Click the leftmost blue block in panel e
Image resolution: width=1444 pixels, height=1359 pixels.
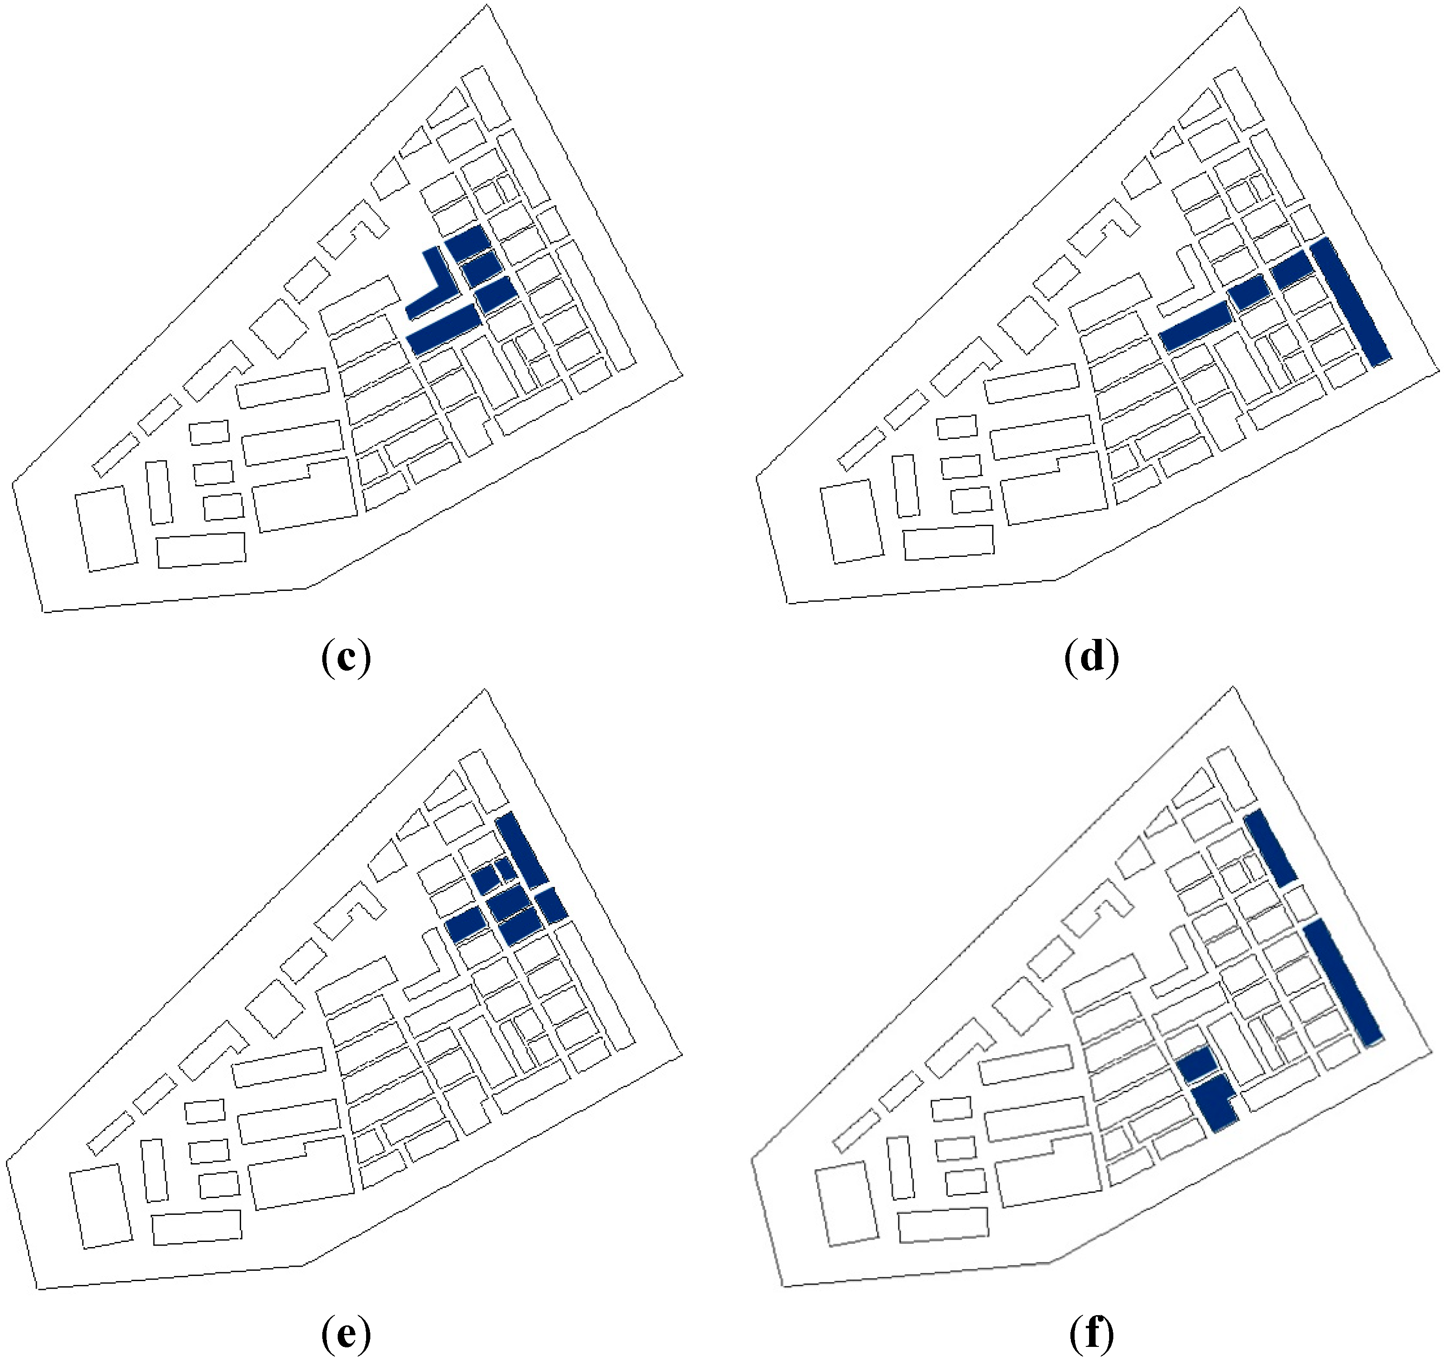[x=465, y=925]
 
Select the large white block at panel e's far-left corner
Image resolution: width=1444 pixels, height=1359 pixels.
[x=101, y=1205]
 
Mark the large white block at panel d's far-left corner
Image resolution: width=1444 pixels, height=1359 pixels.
[x=851, y=521]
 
